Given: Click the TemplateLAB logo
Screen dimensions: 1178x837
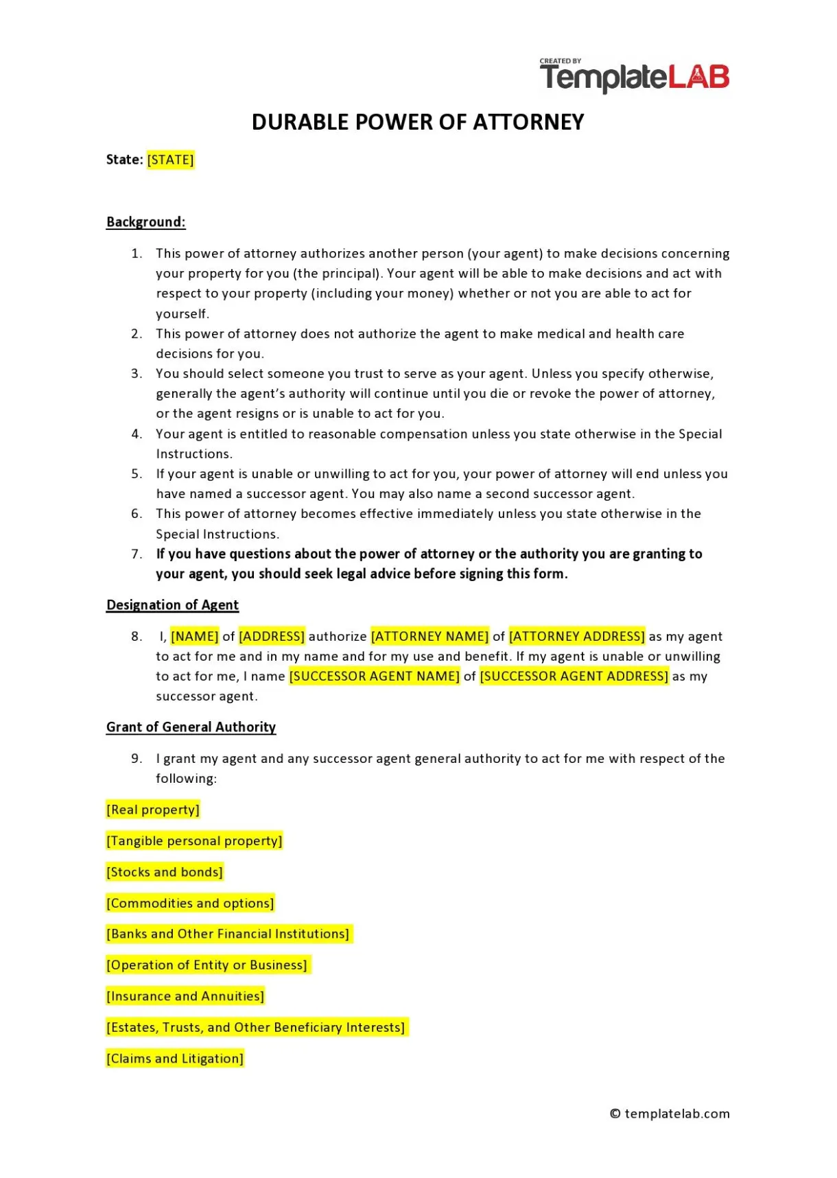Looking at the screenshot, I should tap(634, 75).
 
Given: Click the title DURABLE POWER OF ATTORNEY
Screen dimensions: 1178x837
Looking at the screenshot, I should tap(418, 122).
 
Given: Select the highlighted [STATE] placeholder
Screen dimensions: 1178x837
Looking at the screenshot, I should tap(171, 160).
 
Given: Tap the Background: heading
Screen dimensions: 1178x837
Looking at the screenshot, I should tap(146, 222).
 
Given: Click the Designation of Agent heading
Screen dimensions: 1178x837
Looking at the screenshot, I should tap(172, 605).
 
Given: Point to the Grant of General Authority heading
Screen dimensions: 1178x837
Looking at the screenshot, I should tap(191, 727).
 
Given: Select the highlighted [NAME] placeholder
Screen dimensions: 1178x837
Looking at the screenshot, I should tap(195, 637).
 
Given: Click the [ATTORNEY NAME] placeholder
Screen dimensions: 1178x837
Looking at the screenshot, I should tap(429, 637).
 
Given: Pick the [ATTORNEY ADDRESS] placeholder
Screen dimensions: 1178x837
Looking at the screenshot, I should tap(577, 637).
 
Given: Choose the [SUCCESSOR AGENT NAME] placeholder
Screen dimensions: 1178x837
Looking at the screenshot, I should tap(375, 676).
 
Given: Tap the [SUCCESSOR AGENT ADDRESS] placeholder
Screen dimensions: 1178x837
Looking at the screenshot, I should tap(574, 676).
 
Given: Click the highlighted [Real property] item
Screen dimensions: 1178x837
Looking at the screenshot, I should tap(153, 810).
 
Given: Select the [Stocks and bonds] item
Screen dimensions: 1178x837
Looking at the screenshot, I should tap(165, 872).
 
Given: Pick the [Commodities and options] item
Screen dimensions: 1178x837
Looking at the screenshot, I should tap(190, 904).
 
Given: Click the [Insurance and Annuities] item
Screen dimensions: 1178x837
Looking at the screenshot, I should tap(185, 996).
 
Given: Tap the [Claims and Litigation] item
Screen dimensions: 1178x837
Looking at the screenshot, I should tap(175, 1059).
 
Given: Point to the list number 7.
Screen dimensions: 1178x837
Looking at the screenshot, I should tap(137, 554).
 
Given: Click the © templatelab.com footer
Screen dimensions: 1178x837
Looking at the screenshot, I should tap(670, 1114).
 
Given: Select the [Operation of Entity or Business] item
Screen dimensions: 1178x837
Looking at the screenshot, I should tap(207, 965).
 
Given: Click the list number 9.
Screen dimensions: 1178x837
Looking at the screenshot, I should tap(137, 759).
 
